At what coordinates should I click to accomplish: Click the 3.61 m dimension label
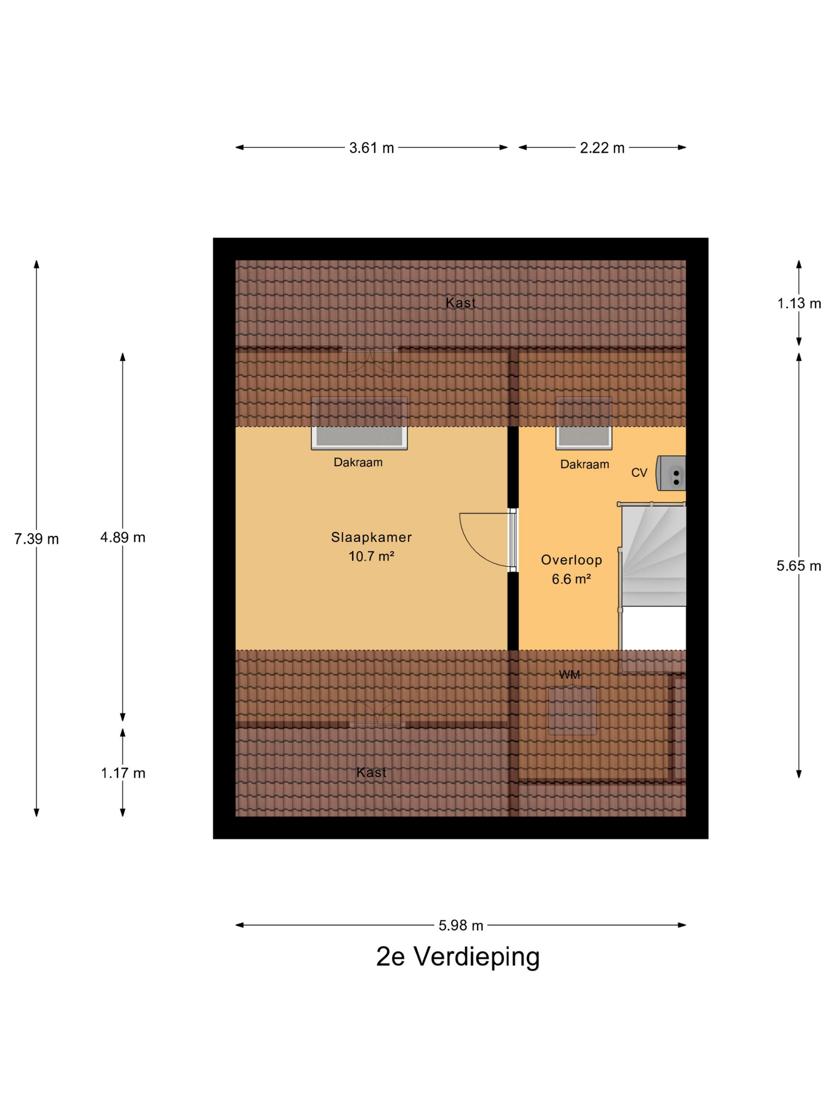371,148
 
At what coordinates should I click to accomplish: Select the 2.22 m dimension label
602,148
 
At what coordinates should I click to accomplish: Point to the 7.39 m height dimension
36,539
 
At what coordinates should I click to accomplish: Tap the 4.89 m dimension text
123,537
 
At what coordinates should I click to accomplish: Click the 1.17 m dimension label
123,773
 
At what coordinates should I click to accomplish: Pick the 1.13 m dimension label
799,303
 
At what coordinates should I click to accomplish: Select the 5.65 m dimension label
799,566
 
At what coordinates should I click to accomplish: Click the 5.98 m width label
460,925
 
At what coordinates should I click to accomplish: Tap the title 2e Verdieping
458,957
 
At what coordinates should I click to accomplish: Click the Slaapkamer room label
371,537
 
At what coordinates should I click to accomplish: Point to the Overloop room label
571,560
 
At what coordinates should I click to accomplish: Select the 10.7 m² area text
371,556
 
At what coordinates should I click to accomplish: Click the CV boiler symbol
671,473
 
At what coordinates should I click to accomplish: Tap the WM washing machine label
569,675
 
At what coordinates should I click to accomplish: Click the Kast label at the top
460,303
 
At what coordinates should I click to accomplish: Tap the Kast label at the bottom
371,772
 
